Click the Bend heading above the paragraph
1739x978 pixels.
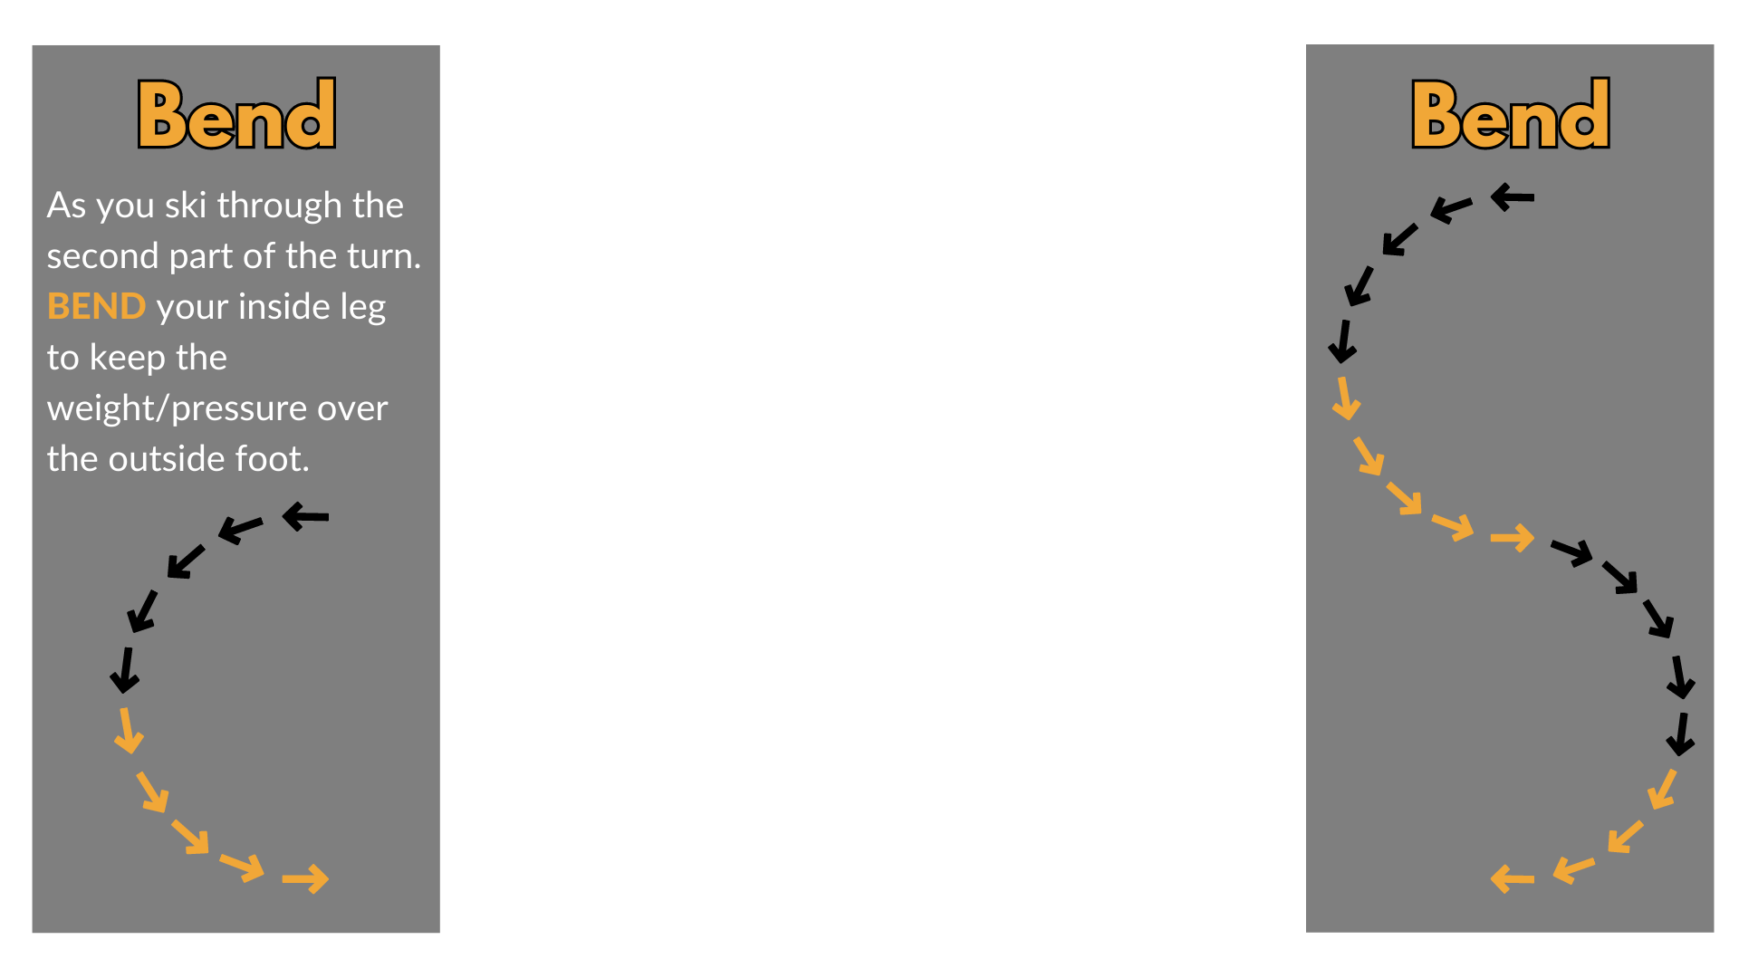tap(236, 115)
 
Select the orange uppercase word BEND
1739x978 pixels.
tap(96, 307)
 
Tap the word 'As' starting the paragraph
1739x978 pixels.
tap(66, 206)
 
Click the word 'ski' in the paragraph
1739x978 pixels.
tap(186, 206)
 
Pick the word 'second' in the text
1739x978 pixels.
tap(102, 256)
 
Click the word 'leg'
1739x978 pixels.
tap(362, 308)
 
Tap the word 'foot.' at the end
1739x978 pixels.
tap(273, 459)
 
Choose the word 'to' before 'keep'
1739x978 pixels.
tap(63, 359)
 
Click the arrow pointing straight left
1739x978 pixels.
tap(1512, 878)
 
